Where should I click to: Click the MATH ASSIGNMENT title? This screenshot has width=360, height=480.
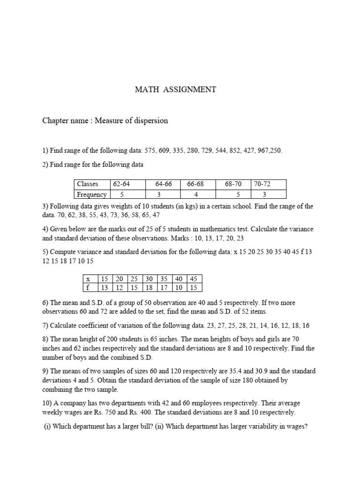(x=176, y=90)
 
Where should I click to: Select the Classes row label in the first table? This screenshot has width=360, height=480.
(x=88, y=184)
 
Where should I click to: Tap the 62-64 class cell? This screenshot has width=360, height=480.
(x=119, y=184)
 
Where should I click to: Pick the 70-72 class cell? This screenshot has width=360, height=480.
(x=262, y=184)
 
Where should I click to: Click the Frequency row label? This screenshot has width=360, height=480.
(x=92, y=194)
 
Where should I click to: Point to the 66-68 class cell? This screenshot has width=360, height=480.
(x=196, y=184)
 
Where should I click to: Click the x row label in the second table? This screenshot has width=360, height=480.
(x=88, y=278)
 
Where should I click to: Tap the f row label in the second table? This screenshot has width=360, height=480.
(x=88, y=287)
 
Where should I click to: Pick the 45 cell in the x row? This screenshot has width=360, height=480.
(x=194, y=278)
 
